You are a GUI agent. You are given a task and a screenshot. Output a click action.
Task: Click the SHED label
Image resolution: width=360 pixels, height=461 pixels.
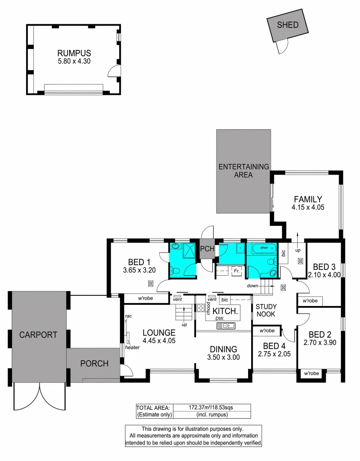(x=287, y=25)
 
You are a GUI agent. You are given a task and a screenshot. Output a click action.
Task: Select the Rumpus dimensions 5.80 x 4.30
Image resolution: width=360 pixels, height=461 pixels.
(x=74, y=61)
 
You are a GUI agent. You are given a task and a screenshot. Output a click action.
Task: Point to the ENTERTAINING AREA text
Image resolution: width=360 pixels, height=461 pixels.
(x=243, y=171)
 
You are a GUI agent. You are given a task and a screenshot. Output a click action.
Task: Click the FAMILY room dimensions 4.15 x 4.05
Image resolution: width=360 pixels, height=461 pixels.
(x=307, y=207)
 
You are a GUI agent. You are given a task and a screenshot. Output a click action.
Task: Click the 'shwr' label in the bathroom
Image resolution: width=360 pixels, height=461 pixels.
(x=263, y=248)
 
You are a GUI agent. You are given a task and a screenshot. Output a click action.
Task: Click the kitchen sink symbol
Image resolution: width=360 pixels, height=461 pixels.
(x=225, y=326)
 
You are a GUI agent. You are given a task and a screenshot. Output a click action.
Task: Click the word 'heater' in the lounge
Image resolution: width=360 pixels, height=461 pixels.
(x=133, y=347)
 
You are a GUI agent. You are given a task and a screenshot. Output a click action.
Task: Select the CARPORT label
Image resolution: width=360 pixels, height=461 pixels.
(x=38, y=335)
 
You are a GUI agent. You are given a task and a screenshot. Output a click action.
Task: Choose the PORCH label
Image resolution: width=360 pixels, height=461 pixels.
(x=94, y=364)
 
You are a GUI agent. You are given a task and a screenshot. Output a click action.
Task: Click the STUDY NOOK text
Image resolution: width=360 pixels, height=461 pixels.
(x=266, y=310)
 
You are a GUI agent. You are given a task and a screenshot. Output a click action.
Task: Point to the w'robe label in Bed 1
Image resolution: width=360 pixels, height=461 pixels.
(x=145, y=298)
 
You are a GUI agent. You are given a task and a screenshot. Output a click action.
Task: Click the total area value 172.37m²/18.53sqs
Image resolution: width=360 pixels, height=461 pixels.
(x=211, y=407)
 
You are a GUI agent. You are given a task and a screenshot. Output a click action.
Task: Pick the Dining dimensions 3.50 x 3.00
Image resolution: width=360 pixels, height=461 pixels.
(x=223, y=357)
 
